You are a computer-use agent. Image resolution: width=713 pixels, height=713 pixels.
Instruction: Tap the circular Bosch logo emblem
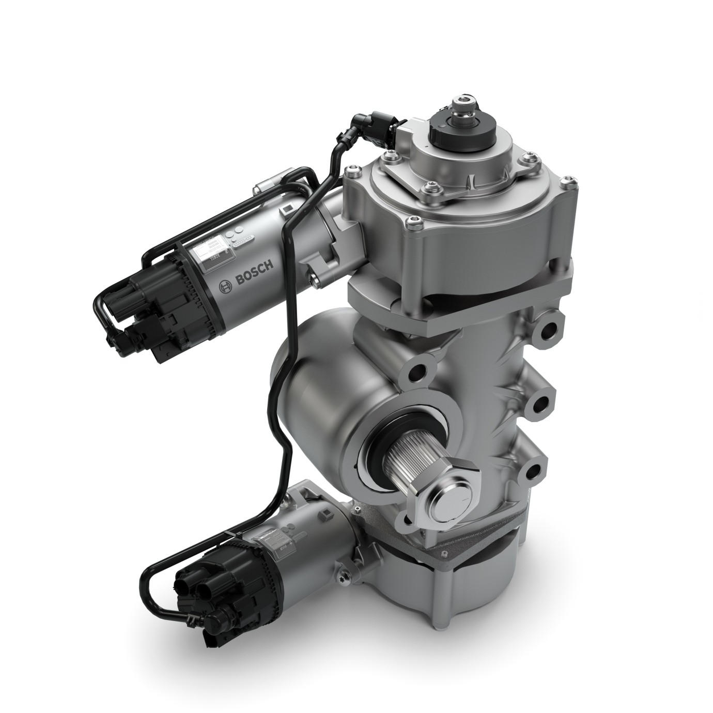(225, 287)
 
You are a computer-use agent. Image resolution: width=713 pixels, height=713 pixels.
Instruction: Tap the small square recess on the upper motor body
(287, 211)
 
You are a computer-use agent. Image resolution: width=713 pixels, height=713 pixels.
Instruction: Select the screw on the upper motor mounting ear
(314, 280)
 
